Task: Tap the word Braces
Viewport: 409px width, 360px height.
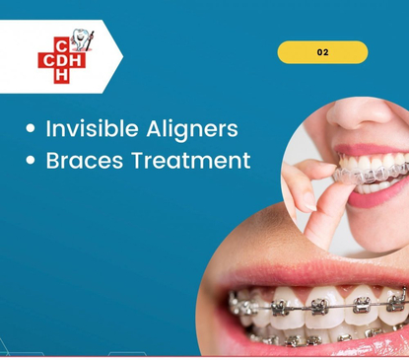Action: [x=83, y=160]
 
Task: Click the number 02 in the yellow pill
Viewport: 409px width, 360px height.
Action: [x=322, y=52]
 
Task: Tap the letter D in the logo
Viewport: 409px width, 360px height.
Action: [x=64, y=59]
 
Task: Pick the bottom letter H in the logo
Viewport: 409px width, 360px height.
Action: [x=64, y=76]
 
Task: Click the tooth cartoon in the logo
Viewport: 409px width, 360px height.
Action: [x=84, y=40]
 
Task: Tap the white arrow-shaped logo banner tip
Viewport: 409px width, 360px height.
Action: [x=117, y=57]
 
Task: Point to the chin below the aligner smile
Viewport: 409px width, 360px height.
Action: [x=389, y=222]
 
